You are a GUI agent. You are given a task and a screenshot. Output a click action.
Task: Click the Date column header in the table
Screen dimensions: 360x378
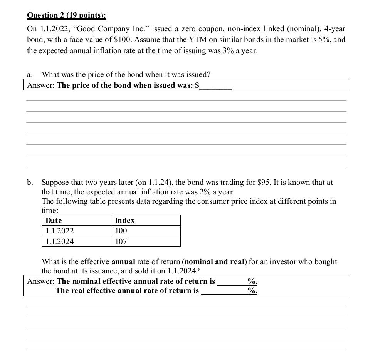tap(54, 220)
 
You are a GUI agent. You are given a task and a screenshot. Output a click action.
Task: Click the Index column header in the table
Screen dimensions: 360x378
tap(125, 220)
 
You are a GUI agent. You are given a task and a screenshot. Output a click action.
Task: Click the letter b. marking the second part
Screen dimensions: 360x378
tap(30, 183)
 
